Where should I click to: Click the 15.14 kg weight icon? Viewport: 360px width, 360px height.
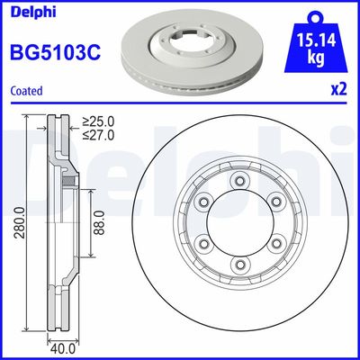click(x=314, y=45)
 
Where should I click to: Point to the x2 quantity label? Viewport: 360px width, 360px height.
click(x=339, y=91)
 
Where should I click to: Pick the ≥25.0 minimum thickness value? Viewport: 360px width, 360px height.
click(x=101, y=120)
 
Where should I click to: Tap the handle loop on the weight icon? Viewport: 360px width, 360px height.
click(x=314, y=15)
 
